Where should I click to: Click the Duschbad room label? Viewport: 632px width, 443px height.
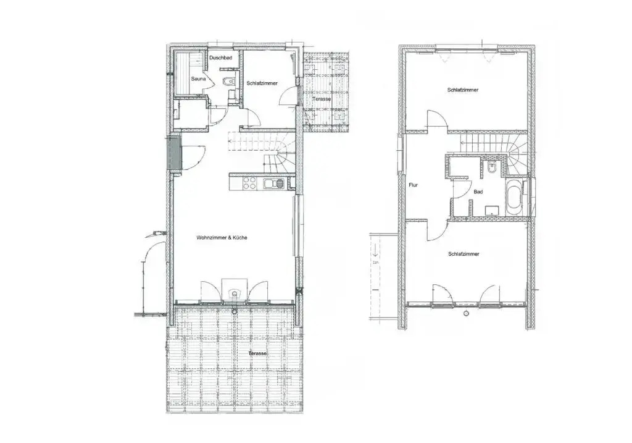220,58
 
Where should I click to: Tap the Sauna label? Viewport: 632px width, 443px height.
198,78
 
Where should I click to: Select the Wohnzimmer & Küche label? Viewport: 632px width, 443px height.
222,238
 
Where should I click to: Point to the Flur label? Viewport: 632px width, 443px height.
413,185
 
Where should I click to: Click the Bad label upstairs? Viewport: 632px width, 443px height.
478,192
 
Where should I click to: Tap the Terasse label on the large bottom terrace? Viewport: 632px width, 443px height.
257,353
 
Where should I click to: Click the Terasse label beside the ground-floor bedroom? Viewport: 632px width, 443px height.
321,99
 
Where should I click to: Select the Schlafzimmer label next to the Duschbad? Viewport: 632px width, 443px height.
262,83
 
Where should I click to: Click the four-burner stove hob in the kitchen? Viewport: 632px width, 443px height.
249,184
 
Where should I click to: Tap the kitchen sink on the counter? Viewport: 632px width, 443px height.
273,184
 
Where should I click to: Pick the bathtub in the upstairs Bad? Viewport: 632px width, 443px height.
513,198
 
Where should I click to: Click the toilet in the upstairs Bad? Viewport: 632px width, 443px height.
491,166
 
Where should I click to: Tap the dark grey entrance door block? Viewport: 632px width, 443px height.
173,153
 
